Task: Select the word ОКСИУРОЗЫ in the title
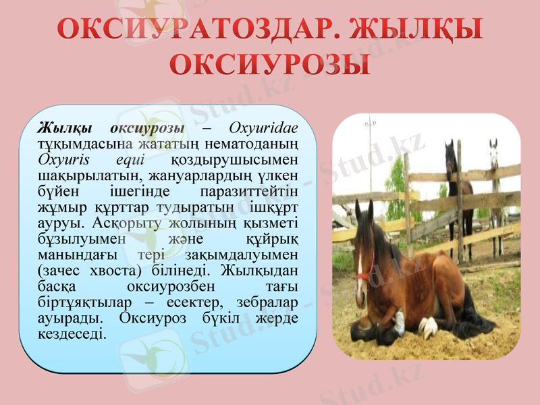click(x=269, y=65)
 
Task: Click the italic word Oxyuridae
click(x=265, y=128)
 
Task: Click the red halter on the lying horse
click(x=365, y=275)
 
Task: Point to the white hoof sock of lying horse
click(x=427, y=327)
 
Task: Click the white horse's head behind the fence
click(x=494, y=154)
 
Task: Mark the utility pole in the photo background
click(x=370, y=155)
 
